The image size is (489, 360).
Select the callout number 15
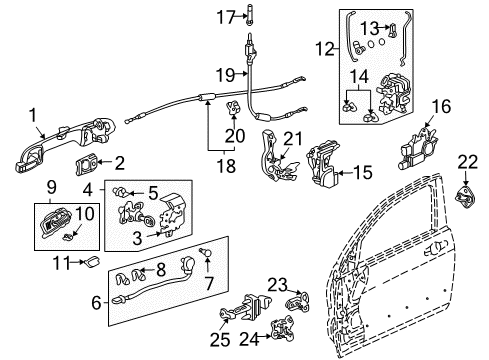click(362, 173)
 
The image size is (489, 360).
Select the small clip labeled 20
click(237, 106)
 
